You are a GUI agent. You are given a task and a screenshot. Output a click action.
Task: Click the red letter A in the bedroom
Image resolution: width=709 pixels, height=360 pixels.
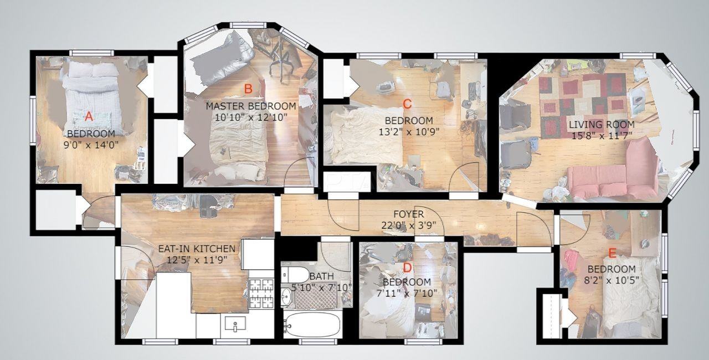coord(89,116)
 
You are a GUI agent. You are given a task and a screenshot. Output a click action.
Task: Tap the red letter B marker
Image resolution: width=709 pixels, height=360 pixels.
coord(248,89)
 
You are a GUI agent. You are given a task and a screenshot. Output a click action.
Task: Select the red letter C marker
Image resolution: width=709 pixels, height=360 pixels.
coord(407,104)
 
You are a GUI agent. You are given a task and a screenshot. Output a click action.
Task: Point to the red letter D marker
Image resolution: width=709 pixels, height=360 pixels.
coord(407,268)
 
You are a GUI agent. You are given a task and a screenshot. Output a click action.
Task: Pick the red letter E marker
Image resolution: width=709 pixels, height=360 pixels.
coord(612,253)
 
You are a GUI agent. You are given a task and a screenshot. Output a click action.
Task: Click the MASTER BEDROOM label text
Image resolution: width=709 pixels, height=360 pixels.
coord(251,106)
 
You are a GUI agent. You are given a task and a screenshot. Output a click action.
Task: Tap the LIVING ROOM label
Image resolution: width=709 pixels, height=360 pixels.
coord(602,124)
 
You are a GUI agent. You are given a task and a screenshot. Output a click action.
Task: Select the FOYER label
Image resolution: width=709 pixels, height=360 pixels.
coord(409,214)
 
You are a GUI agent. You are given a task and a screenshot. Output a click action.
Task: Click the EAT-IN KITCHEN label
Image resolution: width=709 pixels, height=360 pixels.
coord(197,249)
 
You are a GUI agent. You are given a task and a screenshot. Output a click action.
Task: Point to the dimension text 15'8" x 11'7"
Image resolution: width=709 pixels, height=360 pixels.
coord(602,136)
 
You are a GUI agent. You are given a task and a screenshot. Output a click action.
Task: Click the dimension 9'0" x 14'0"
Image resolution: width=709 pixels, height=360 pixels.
coord(91,145)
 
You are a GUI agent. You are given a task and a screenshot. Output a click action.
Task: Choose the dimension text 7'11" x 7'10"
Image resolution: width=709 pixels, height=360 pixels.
coord(407,293)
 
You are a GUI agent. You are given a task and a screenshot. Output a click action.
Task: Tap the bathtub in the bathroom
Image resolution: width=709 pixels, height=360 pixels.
coord(313,325)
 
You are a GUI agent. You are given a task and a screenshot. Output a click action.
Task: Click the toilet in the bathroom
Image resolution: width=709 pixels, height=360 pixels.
coord(294,275)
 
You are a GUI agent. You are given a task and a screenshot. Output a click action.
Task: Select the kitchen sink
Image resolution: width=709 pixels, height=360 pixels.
coord(235,324)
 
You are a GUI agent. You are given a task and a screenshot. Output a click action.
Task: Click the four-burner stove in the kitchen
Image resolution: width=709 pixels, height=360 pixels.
coord(261,294)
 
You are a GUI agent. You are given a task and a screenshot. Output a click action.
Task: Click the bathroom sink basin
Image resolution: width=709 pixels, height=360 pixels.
coord(287,296)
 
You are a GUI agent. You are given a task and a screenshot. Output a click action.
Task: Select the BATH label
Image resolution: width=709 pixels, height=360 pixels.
coord(322,276)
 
